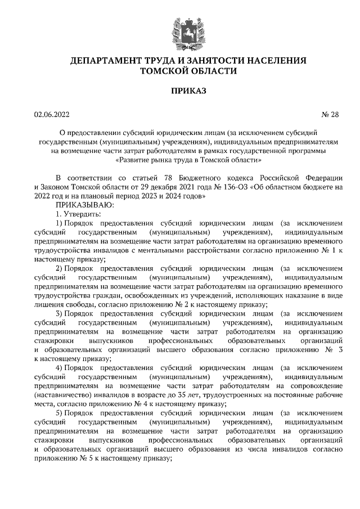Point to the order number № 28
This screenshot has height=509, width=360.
(x=330, y=115)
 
